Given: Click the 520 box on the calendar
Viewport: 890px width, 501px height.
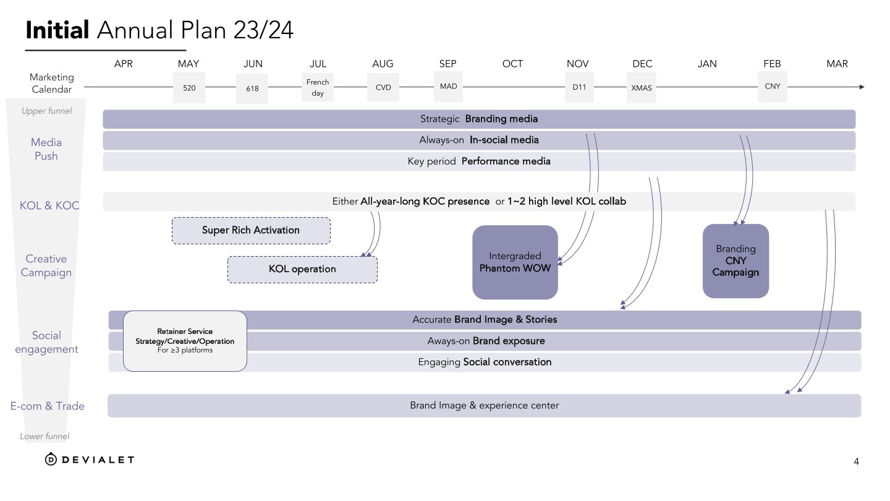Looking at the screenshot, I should (x=189, y=88).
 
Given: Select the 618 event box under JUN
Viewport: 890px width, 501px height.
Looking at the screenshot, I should (x=252, y=88).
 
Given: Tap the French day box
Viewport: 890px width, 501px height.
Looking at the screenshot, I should (x=318, y=87).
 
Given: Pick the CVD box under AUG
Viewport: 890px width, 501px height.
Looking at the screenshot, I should (x=383, y=87).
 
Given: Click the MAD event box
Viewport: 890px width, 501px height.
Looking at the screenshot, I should (x=448, y=87).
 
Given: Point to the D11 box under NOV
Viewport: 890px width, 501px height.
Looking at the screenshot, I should (x=579, y=87).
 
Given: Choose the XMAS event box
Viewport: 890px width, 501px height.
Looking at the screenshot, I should (x=641, y=88).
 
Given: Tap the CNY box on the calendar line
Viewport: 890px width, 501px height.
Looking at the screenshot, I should (x=772, y=87).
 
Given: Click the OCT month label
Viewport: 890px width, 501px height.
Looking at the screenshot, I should (x=512, y=64).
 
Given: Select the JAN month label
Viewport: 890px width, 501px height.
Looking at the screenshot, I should (x=707, y=64).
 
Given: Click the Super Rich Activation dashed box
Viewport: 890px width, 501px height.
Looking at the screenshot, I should (x=251, y=231).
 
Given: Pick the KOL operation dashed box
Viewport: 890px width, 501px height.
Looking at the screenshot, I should (x=302, y=270).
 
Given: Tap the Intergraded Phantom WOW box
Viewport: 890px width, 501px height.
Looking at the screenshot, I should (x=515, y=262).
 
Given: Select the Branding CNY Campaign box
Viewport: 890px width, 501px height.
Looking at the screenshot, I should (x=735, y=261).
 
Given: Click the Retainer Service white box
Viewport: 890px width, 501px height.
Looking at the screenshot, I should (x=185, y=341).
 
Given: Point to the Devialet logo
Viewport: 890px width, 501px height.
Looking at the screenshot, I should (x=90, y=459).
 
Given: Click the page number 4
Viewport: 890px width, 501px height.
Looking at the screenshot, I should (x=856, y=461).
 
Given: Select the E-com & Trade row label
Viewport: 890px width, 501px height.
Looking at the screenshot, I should (x=47, y=406).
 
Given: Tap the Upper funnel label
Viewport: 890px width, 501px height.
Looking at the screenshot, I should (x=46, y=111).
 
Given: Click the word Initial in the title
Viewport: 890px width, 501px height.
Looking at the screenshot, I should (x=58, y=29).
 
